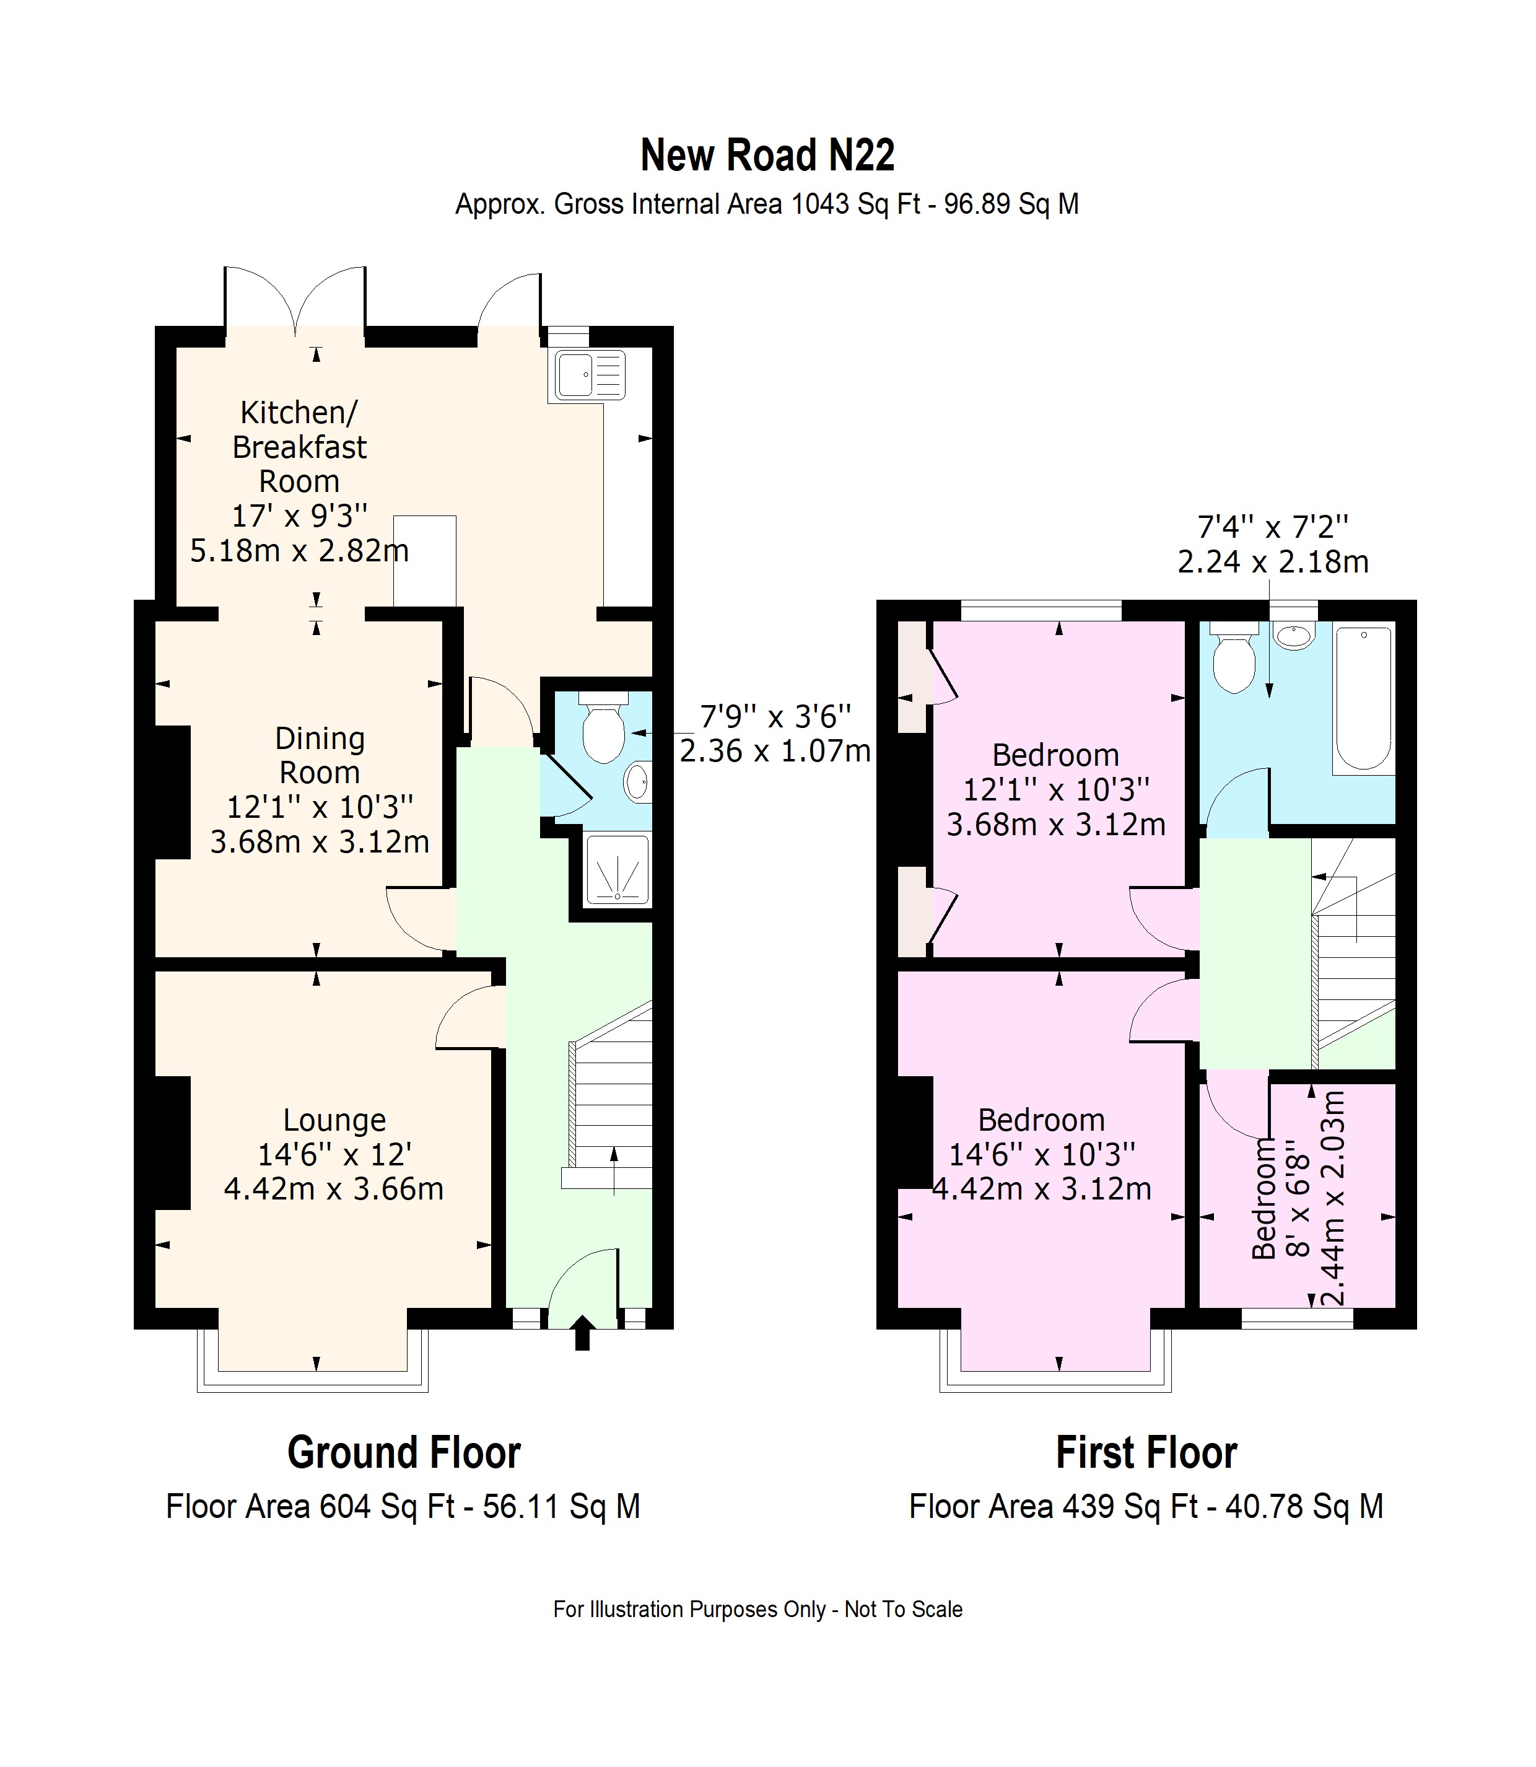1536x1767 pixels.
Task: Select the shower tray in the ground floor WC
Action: [x=616, y=870]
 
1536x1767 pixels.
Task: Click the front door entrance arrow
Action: [x=582, y=1332]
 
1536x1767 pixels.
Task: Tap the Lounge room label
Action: [x=334, y=1121]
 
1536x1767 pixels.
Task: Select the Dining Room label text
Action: [x=320, y=755]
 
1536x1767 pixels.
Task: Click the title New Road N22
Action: [x=767, y=155]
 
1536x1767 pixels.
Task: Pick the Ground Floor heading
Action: [x=404, y=1453]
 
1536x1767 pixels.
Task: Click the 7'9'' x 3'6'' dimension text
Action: [x=775, y=715]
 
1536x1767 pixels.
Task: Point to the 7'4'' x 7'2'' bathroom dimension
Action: [x=1273, y=525]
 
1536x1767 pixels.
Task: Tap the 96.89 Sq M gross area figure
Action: [x=1011, y=204]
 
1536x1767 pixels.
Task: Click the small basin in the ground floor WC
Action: [x=639, y=781]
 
